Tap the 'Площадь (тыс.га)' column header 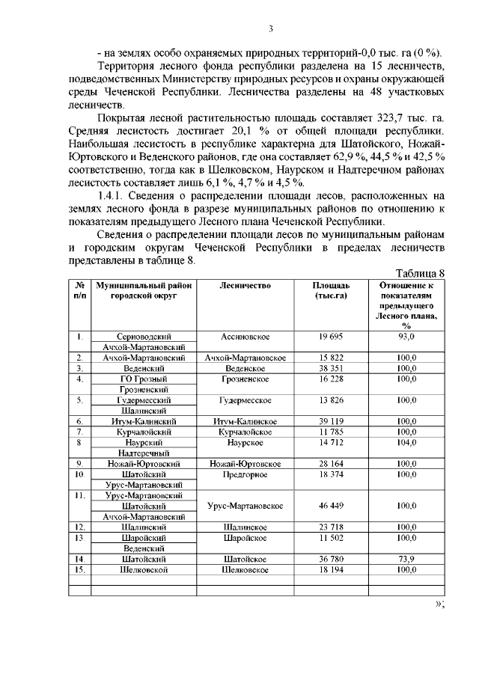click(x=331, y=290)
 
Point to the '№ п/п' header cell click(x=79, y=290)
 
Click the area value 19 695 click(x=331, y=337)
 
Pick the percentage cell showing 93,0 click(x=406, y=337)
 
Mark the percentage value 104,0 click(x=406, y=443)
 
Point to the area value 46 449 click(x=331, y=506)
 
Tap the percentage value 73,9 click(x=406, y=559)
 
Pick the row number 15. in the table click(x=79, y=569)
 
